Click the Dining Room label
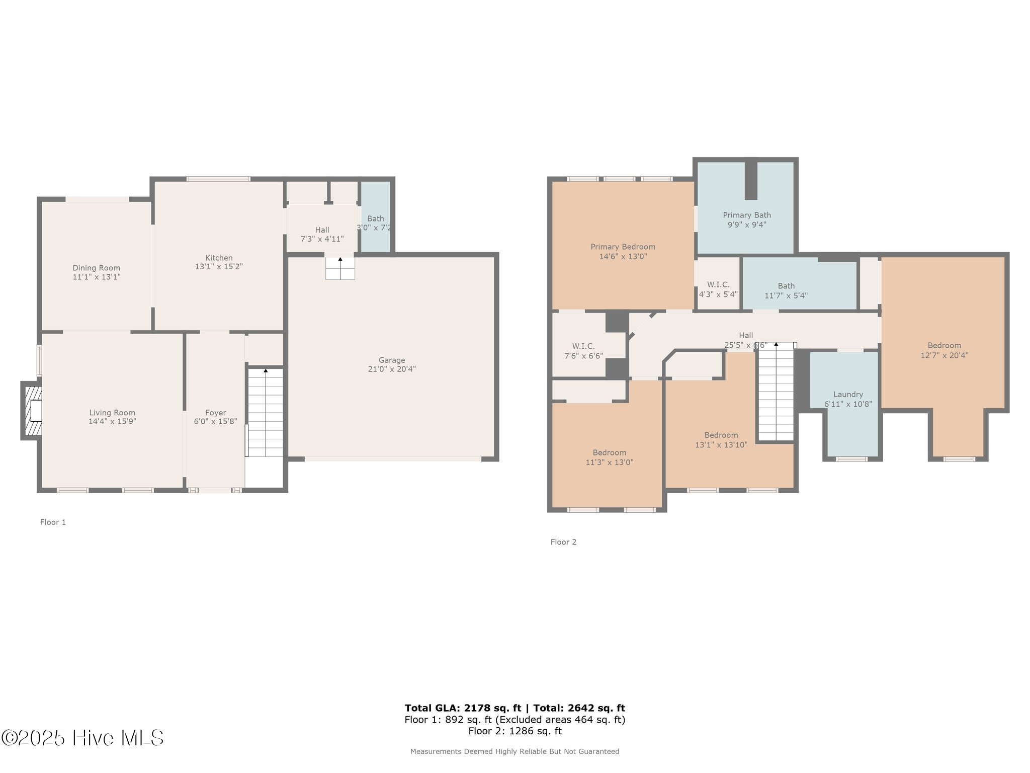point(96,268)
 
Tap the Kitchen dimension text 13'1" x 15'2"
point(219,267)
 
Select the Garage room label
point(392,360)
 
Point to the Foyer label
point(215,413)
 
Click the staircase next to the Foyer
point(265,413)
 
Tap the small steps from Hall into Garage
point(340,268)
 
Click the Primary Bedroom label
point(623,247)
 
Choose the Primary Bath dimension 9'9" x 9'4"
point(747,225)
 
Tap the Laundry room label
point(848,395)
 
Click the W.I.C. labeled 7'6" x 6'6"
point(583,351)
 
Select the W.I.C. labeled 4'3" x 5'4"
point(718,289)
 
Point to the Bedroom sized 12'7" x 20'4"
point(944,350)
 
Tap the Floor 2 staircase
point(776,393)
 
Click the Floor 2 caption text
point(563,542)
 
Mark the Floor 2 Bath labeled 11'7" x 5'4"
point(786,290)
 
